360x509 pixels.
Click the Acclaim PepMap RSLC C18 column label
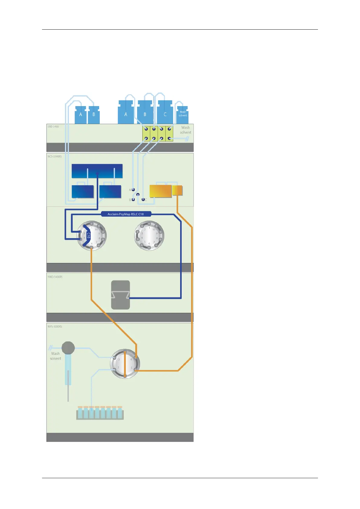point(126,214)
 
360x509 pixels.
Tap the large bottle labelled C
point(165,114)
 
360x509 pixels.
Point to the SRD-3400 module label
point(53,127)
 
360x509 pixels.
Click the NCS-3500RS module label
point(54,156)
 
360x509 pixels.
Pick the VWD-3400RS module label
point(55,277)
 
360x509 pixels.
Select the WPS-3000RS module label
point(55,326)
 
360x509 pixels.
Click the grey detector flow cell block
point(120,295)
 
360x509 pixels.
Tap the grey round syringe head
point(68,348)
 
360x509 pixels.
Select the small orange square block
point(177,190)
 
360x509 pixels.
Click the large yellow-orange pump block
point(161,191)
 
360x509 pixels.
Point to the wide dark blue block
point(97,171)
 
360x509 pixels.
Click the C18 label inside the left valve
point(88,235)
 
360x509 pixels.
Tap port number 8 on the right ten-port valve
point(157,238)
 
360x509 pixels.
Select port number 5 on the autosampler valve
point(131,368)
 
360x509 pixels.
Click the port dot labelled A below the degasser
point(133,190)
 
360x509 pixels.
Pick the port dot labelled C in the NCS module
point(143,200)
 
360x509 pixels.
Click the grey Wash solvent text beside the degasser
point(185,130)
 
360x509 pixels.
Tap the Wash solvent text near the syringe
point(55,356)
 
